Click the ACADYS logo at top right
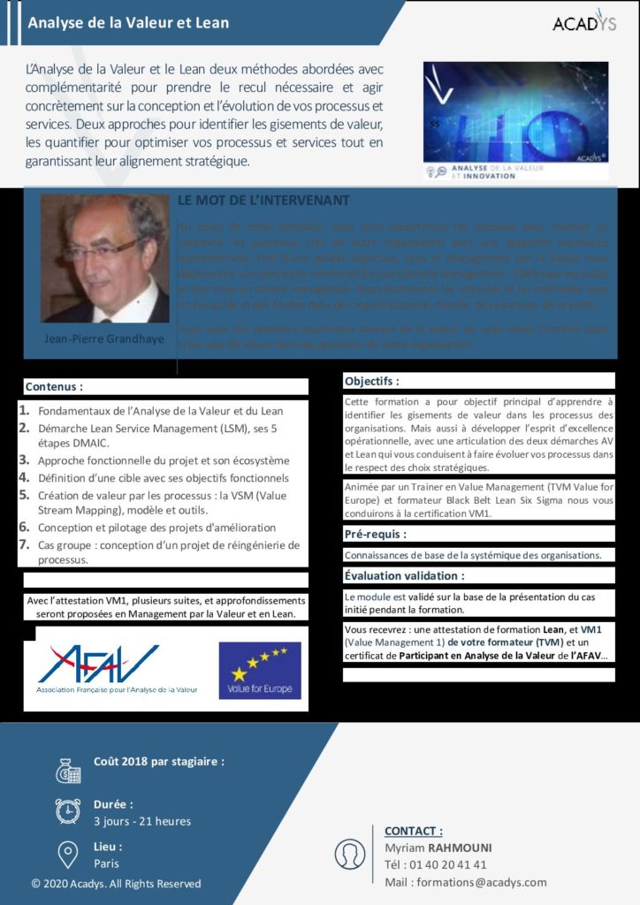[584, 22]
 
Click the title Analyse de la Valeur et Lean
[128, 23]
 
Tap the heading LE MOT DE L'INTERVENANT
[263, 202]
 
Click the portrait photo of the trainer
[104, 258]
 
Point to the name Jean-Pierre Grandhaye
[104, 338]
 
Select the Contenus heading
[54, 386]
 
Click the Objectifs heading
[371, 382]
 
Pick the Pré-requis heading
[375, 535]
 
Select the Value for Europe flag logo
[260, 670]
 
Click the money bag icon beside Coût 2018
[68, 771]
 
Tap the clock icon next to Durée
[68, 811]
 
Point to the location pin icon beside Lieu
[68, 854]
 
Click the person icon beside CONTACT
[350, 854]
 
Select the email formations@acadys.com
[466, 882]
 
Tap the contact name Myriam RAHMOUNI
[438, 848]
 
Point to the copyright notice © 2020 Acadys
[116, 884]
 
